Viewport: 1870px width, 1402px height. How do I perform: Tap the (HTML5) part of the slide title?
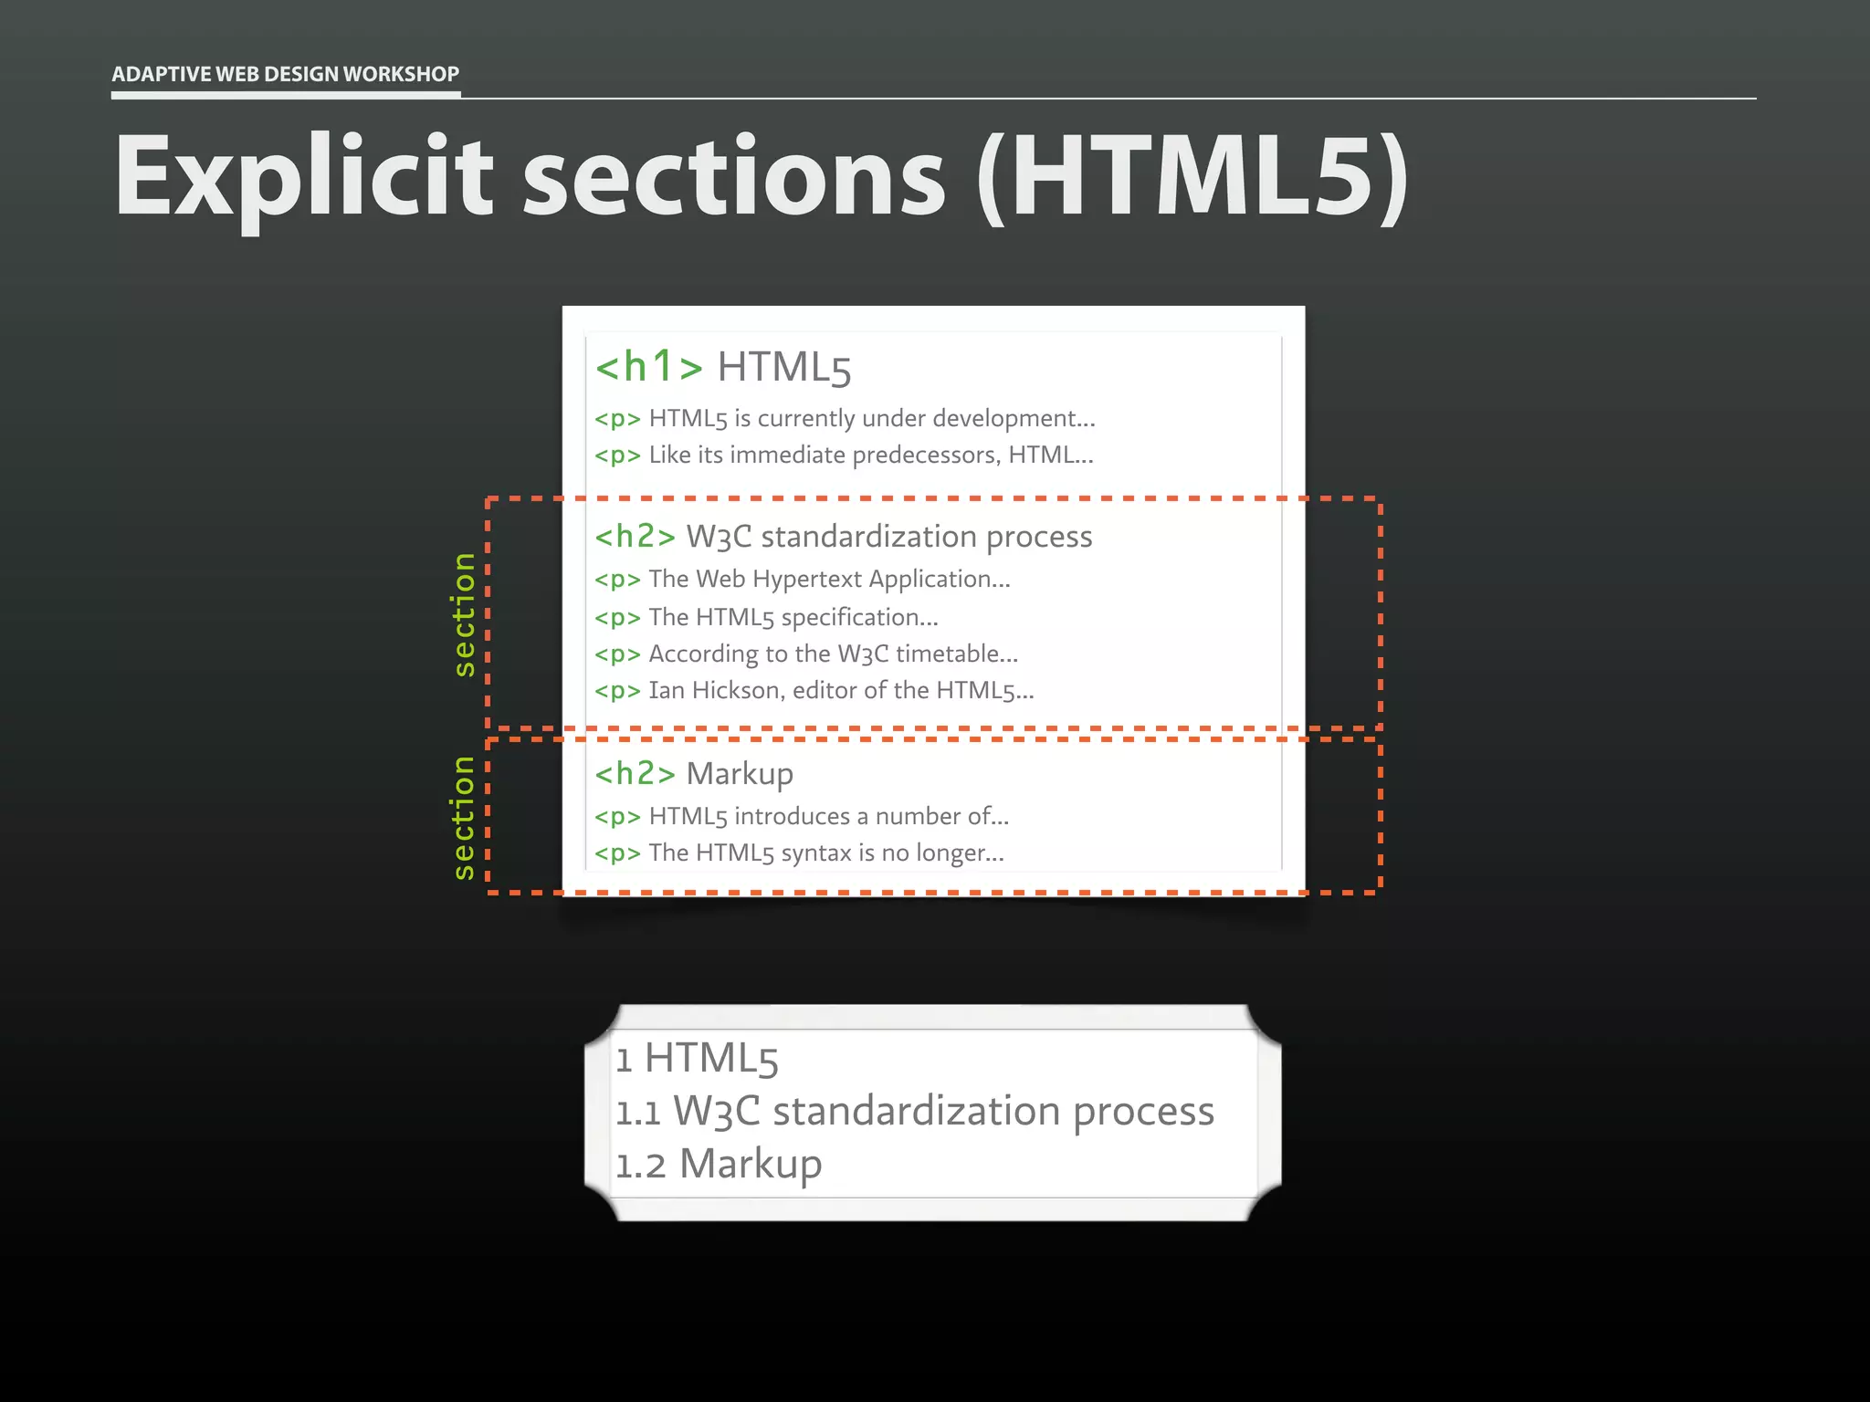[x=1192, y=177]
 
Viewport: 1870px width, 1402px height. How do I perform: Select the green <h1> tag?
[x=648, y=367]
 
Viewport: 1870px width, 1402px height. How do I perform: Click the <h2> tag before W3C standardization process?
[x=635, y=537]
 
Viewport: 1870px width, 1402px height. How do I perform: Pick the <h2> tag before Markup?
[x=635, y=774]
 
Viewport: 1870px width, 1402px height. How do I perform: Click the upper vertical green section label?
[x=464, y=614]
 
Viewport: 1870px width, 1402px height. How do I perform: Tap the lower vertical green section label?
[x=464, y=817]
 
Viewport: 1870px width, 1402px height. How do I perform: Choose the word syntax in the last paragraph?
[x=815, y=853]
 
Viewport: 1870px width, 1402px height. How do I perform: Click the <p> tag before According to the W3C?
[x=617, y=654]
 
